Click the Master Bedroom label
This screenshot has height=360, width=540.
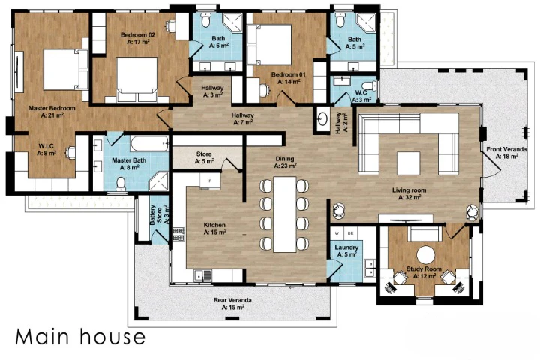52,112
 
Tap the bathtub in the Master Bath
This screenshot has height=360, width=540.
149,144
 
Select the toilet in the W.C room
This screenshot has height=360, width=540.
370,85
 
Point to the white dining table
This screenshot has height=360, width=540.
285,214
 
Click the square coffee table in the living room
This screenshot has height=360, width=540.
409,163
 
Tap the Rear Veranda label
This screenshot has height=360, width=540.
232,304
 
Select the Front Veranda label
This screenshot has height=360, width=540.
506,153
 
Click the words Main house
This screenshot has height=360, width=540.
80,337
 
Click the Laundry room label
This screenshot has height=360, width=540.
346,250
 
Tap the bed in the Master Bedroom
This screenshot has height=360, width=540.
66,70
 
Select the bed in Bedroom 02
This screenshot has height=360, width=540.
136,80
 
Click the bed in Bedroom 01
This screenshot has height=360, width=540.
269,44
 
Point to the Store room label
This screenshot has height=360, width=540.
204,157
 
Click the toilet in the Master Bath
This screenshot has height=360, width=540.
121,184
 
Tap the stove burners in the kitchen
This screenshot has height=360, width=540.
178,234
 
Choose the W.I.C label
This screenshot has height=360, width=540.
46,150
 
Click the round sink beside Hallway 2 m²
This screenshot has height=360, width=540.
322,119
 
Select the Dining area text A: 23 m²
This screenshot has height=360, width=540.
286,166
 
